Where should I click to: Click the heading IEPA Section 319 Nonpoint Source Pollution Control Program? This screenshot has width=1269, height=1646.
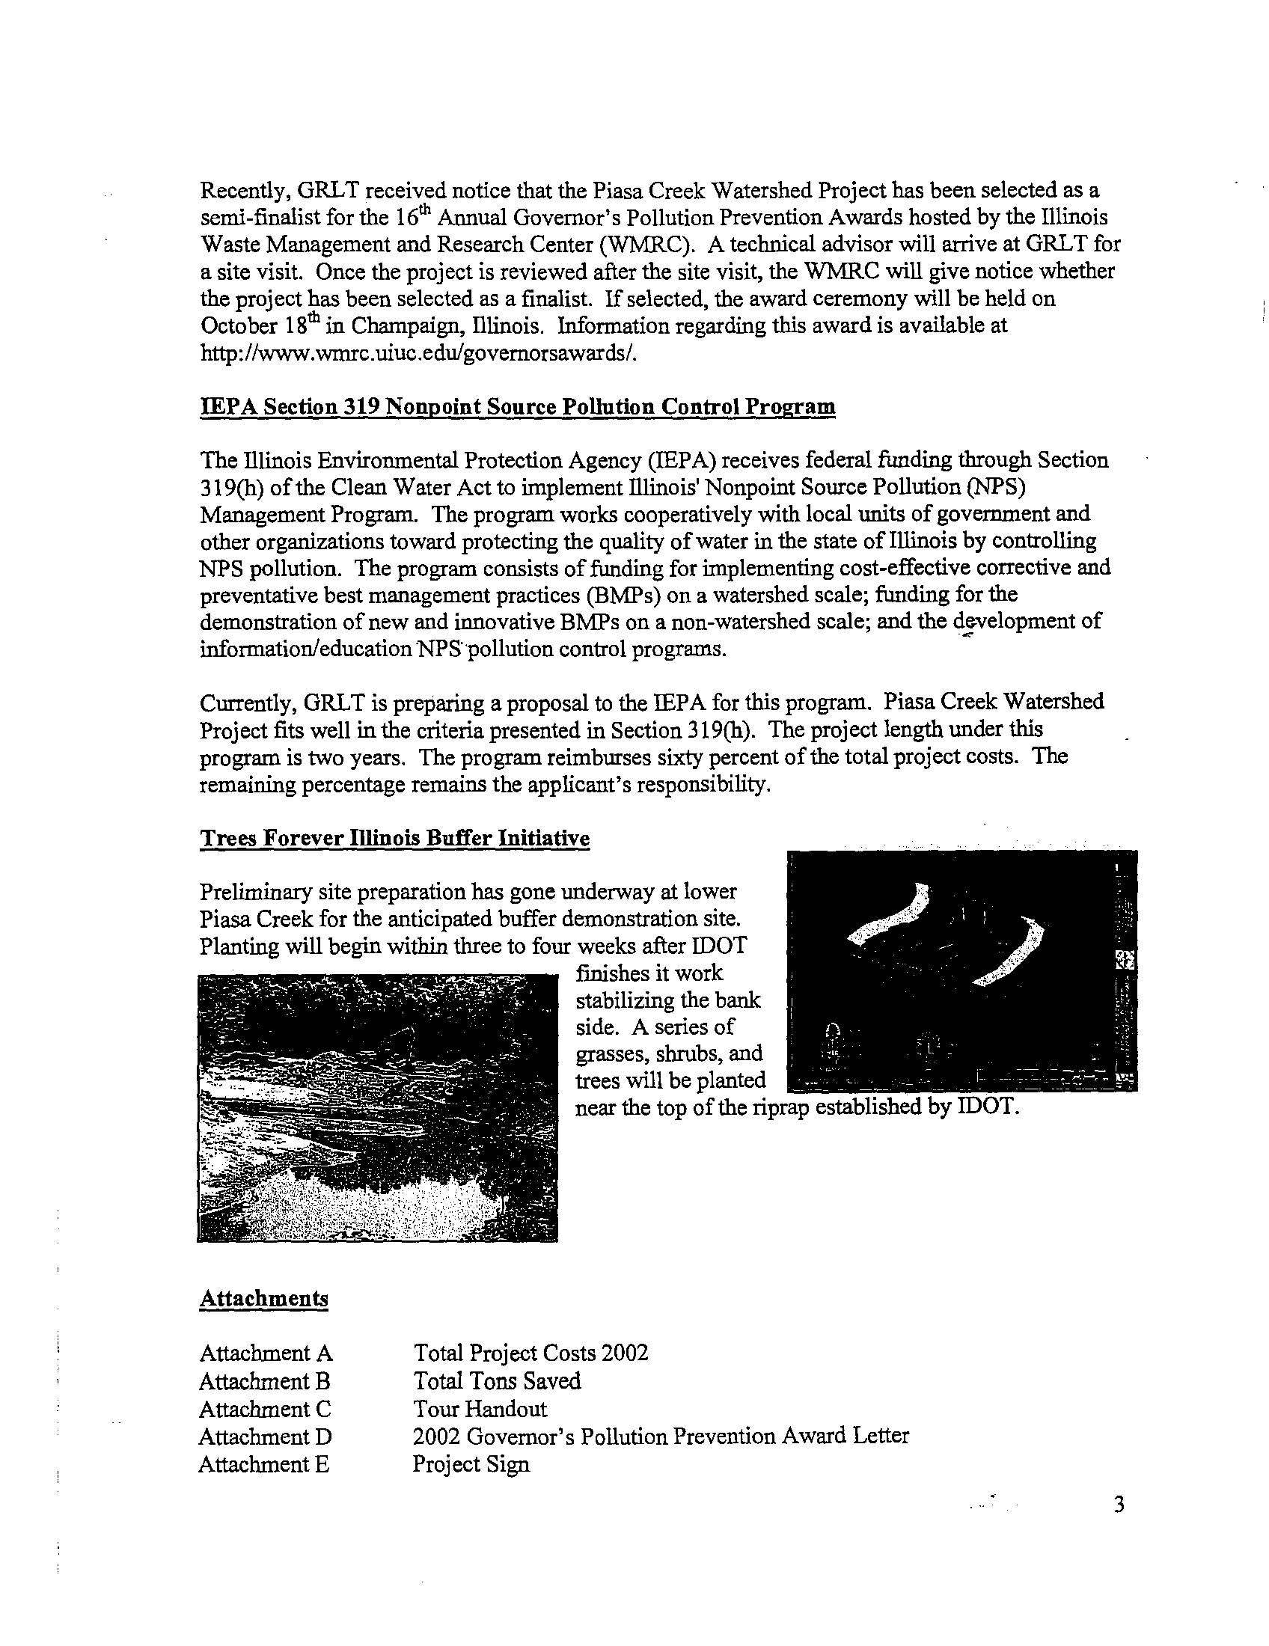click(x=517, y=407)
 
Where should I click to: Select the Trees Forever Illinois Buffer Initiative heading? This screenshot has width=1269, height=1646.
click(x=394, y=839)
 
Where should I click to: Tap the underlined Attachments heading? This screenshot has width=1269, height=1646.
click(x=263, y=1299)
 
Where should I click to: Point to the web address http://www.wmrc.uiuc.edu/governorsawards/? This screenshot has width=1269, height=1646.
click(x=419, y=353)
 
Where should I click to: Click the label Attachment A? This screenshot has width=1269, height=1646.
click(x=266, y=1353)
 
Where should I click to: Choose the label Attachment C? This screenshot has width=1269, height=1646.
click(x=265, y=1409)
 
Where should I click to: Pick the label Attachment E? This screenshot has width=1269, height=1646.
click(x=263, y=1464)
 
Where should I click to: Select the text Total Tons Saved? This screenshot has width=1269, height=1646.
click(x=497, y=1380)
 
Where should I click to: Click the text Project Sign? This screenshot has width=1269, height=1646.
click(x=471, y=1464)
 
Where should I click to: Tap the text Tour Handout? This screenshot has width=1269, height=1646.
click(x=480, y=1409)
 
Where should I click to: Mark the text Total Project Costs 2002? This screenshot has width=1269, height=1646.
click(x=530, y=1353)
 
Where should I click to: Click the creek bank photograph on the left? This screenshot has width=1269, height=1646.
click(x=377, y=1107)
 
